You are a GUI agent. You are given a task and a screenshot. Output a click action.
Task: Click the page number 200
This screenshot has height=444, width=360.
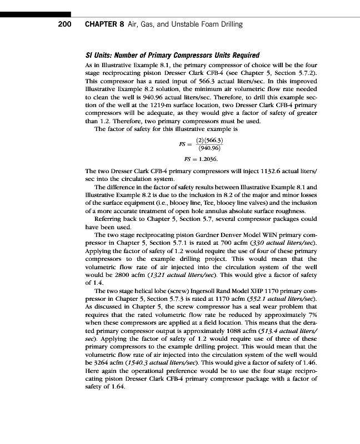click(67, 24)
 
